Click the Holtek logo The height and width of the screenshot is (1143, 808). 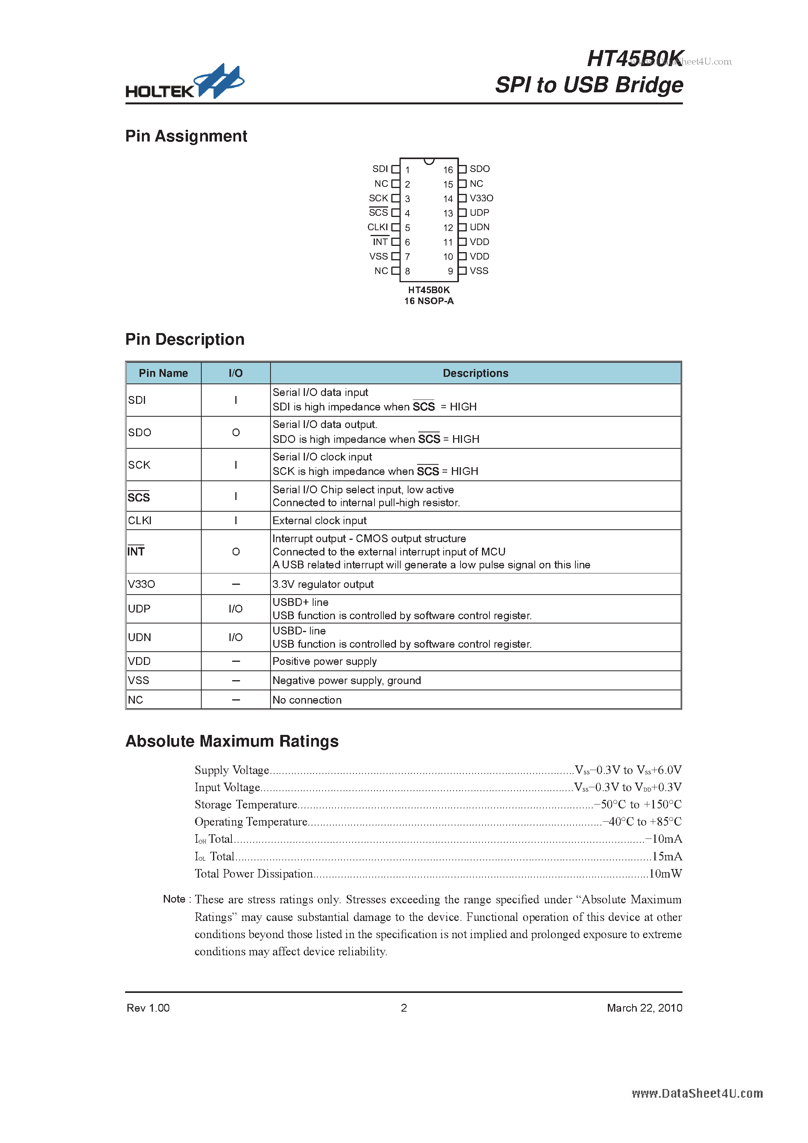[x=185, y=82]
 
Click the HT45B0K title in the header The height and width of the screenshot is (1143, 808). [x=635, y=59]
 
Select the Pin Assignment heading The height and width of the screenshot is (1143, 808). [x=186, y=136]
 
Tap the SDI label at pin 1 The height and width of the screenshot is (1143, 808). [x=380, y=169]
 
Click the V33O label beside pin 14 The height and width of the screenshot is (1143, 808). [x=481, y=198]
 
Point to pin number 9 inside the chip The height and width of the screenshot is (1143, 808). [x=450, y=271]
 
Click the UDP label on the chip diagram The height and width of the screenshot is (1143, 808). [x=479, y=213]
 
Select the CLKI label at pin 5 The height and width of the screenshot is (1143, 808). [x=377, y=227]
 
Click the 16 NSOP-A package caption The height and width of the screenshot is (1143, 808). [x=429, y=301]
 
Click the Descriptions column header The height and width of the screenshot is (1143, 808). [x=475, y=373]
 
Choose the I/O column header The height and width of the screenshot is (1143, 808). [x=235, y=373]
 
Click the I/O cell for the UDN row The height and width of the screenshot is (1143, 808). [x=235, y=637]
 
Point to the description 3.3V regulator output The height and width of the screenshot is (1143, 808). [x=323, y=584]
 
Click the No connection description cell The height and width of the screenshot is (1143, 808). [x=307, y=700]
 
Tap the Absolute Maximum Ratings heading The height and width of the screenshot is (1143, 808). [x=232, y=741]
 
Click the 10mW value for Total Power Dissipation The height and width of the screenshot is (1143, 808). [x=665, y=874]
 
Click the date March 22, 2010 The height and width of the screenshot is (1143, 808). [x=644, y=1008]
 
